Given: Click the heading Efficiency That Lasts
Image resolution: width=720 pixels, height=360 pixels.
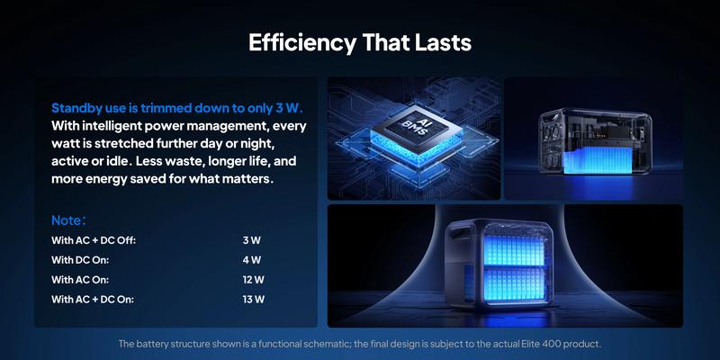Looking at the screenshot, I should click(x=360, y=42).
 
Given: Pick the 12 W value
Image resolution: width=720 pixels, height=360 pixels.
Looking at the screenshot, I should click(x=253, y=280).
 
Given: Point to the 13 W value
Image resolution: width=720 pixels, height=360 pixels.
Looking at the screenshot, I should click(x=253, y=300).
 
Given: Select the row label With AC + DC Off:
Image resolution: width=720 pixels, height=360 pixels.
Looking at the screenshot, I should click(x=94, y=240).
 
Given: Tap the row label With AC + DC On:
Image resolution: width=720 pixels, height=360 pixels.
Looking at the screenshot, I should click(x=93, y=300).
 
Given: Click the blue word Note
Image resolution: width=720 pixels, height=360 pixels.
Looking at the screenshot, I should click(x=67, y=220).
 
